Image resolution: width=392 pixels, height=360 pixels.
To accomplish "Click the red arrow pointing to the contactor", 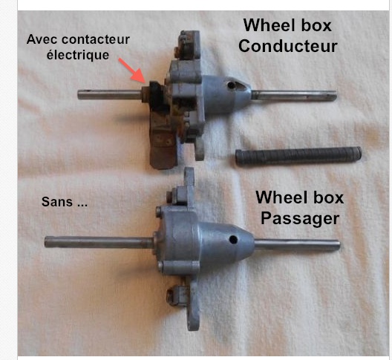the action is [132, 71].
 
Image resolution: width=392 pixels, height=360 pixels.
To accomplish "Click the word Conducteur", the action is [288, 46].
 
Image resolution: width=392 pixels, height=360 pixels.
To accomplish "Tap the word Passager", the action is [300, 218].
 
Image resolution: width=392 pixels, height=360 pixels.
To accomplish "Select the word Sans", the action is [57, 202].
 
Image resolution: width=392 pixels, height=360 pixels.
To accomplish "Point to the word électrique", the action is [78, 55].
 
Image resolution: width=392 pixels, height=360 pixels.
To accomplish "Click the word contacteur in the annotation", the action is [96, 39].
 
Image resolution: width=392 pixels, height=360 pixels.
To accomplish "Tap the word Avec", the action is [43, 39].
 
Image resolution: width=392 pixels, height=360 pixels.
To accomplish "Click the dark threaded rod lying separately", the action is [298, 157].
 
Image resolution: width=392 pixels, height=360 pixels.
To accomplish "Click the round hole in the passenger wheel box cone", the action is [233, 240].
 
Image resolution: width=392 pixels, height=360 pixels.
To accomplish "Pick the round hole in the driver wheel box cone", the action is [231, 86].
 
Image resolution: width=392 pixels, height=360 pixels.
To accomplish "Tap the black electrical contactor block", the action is [157, 96].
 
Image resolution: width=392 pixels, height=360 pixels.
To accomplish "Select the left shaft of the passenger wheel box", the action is [99, 242].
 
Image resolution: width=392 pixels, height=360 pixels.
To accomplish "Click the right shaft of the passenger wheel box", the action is [298, 244].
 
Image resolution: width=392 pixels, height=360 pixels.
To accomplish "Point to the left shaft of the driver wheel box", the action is [109, 94].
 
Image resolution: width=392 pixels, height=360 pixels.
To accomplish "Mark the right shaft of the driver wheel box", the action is [294, 96].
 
